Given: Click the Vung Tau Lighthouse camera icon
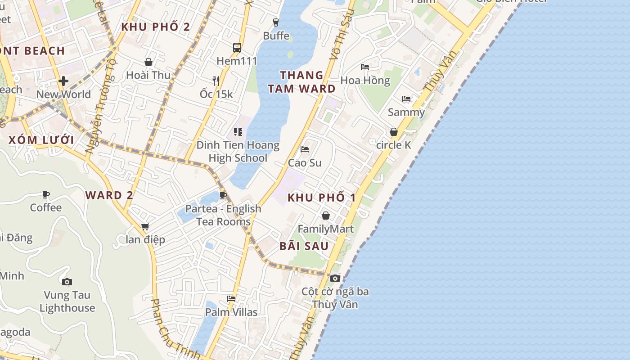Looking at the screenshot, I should point(67,282).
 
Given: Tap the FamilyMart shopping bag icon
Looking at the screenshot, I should point(325,216).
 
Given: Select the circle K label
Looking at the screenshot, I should point(394,145).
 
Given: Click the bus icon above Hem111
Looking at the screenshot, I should point(237,48).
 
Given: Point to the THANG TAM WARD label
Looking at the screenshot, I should point(301,82).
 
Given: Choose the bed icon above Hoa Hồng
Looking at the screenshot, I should point(365,67).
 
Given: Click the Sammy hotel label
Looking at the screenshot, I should point(406,112).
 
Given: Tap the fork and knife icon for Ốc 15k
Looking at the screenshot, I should point(216,81).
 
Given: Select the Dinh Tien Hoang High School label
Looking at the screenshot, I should point(238,152).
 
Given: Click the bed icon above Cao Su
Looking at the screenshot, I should point(305,149).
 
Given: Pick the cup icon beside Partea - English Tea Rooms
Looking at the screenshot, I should point(223,195).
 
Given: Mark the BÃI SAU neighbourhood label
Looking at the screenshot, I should point(304,246).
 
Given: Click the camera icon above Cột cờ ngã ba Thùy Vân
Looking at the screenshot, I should point(335,278).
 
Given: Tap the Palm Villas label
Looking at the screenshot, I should point(231,312).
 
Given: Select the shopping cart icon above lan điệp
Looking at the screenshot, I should point(145,226).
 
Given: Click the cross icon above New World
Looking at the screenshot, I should point(63,81).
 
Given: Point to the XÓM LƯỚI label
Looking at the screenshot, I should point(41,140).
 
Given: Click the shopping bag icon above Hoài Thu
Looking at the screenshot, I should point(148,62).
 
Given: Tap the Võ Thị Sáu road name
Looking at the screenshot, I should point(339,37).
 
